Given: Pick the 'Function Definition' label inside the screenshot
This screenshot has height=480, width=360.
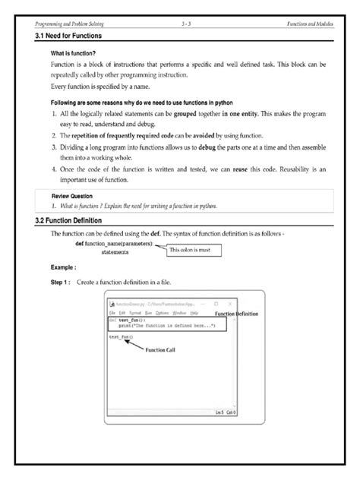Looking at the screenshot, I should pyautogui.click(x=236, y=313).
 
